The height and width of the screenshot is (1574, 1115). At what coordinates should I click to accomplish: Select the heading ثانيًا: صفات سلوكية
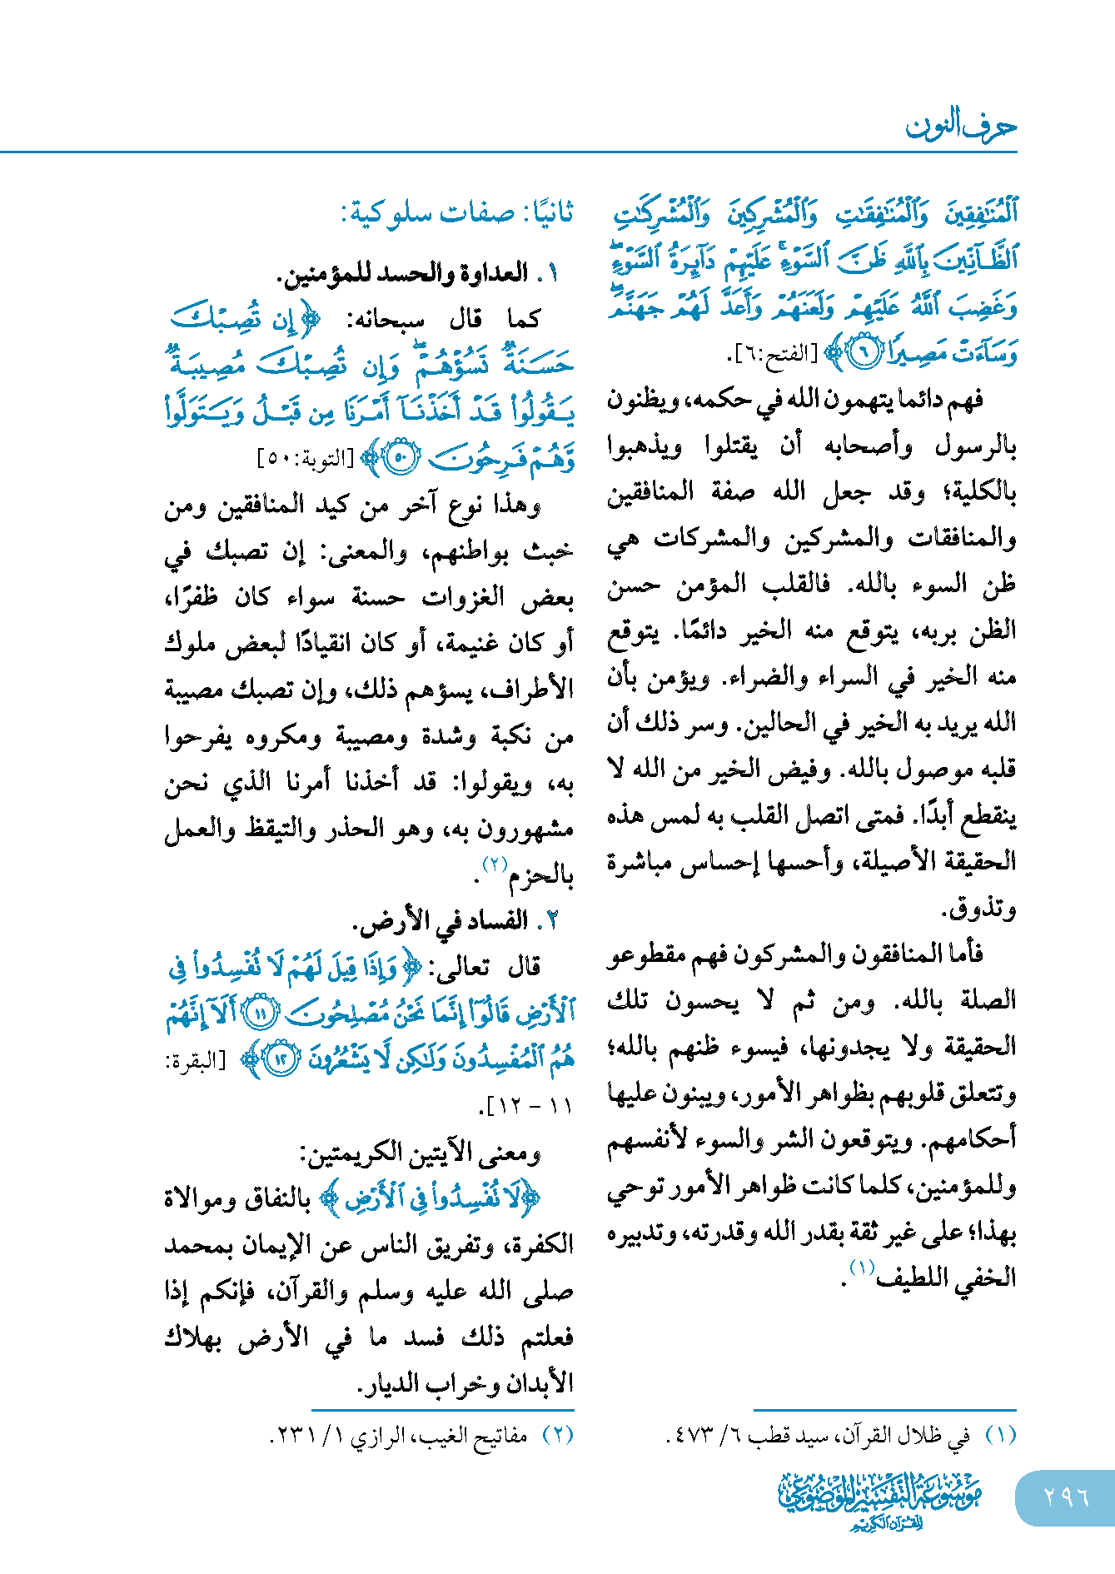click(457, 213)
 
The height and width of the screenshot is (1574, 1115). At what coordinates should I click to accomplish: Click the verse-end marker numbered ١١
click(261, 1014)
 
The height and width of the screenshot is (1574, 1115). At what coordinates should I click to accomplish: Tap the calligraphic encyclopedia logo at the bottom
click(881, 1499)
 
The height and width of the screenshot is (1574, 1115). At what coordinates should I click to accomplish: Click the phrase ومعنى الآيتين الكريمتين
click(421, 1153)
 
